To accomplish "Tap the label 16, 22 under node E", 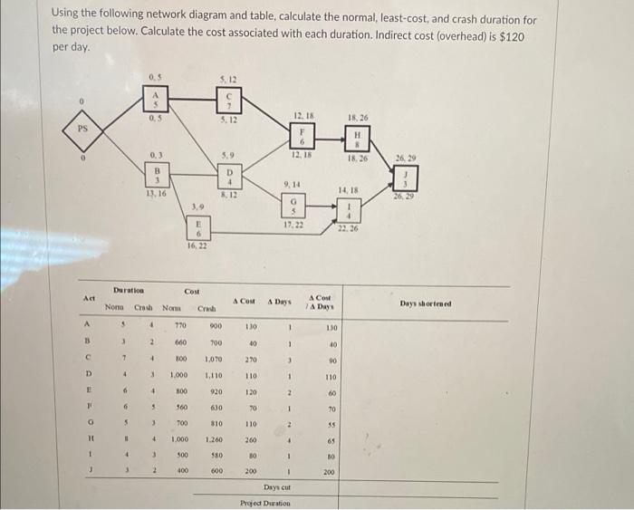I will pos(197,245).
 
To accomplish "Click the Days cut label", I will pos(276,487).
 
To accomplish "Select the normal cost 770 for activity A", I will pos(180,326).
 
